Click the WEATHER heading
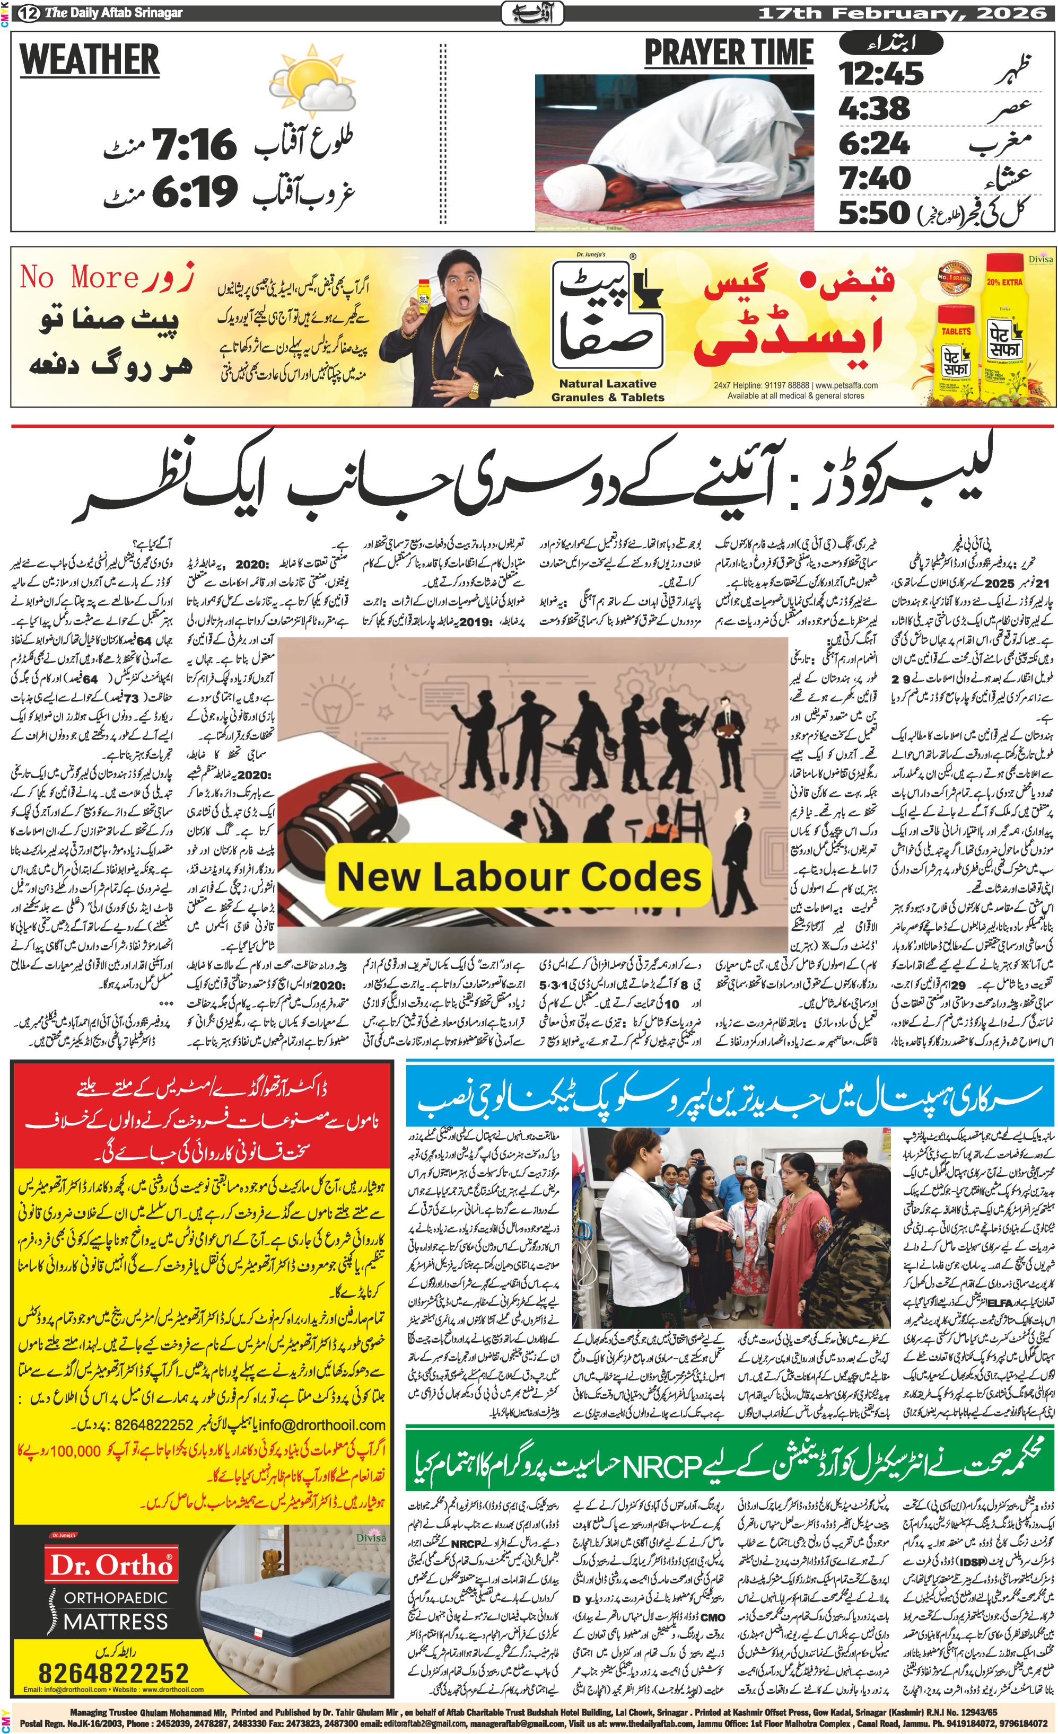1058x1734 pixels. [x=90, y=59]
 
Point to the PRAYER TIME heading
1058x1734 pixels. [x=729, y=53]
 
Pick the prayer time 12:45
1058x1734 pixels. [x=881, y=73]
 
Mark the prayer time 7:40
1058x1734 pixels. [x=875, y=178]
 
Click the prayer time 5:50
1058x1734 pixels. [x=875, y=213]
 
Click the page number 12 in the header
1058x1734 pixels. [x=29, y=13]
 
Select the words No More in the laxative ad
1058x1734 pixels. [x=77, y=277]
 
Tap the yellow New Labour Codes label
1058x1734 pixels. [x=519, y=877]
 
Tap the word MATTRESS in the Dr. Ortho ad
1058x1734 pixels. [x=116, y=1622]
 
